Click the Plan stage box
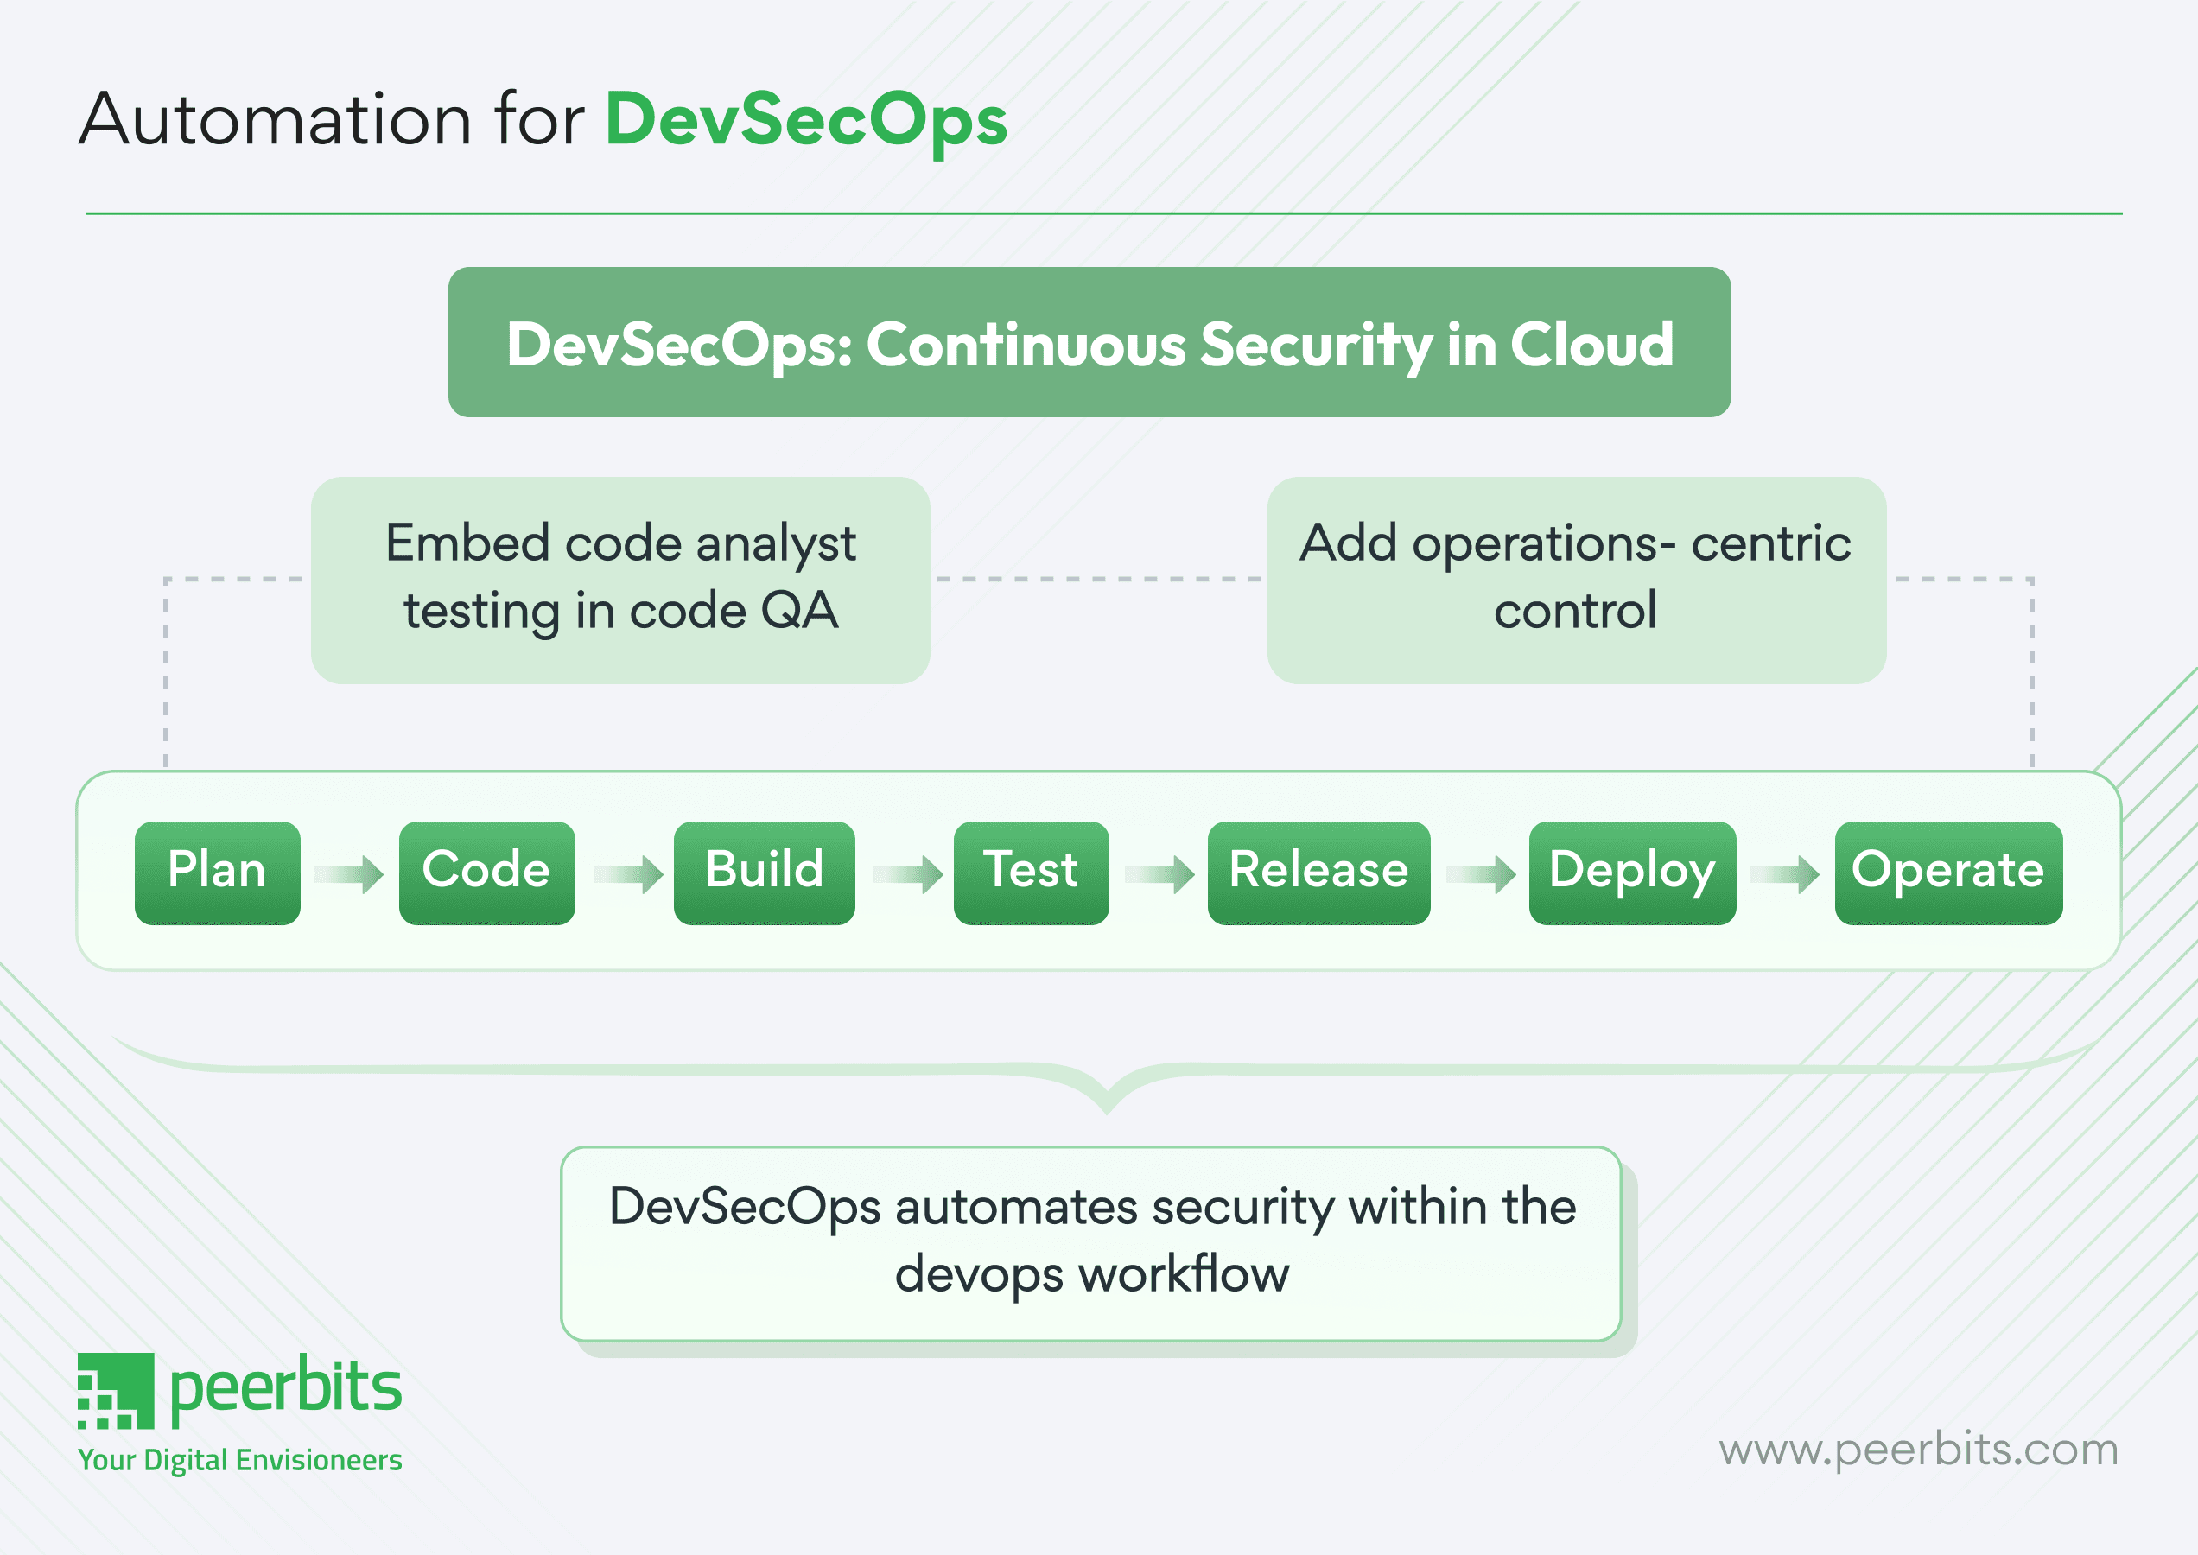218,873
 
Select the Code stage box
486,873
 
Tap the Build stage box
765,873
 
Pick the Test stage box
1031,873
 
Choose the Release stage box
1318,873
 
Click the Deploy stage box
1632,873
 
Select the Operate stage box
1948,873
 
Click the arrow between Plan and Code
350,874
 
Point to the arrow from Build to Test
908,874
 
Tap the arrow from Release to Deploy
1481,874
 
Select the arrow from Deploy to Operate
1784,874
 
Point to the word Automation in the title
276,121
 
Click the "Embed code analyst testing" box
620,580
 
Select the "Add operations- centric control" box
1575,580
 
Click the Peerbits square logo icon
116,1390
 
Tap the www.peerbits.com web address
1917,1450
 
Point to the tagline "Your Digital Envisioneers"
239,1460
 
